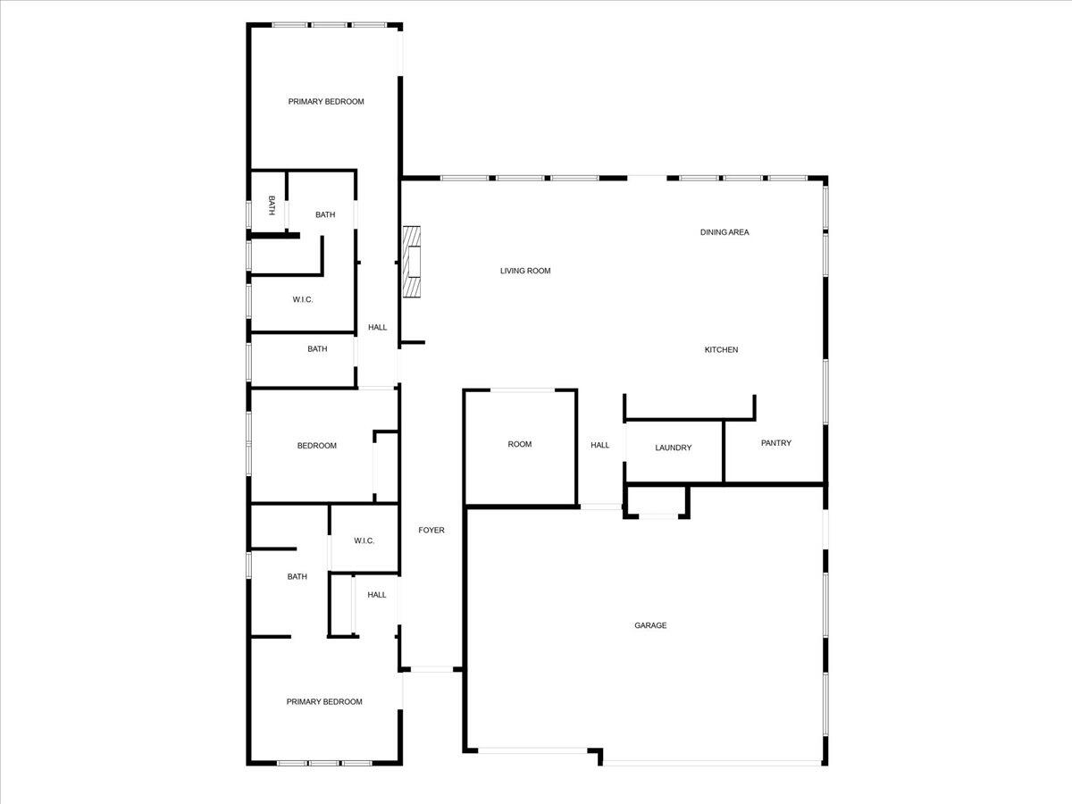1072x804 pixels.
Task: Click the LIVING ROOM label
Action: point(524,271)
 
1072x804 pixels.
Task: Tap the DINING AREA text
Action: point(724,232)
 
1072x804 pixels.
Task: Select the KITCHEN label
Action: point(721,350)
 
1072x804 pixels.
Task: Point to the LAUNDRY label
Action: point(673,448)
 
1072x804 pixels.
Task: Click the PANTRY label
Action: point(775,443)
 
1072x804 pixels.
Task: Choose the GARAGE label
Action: point(650,625)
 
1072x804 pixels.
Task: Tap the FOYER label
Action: point(431,531)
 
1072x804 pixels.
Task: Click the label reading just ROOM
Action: point(519,444)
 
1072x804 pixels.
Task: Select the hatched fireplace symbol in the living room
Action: point(411,262)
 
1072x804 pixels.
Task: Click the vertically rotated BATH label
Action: point(272,205)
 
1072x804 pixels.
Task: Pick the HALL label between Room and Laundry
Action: point(599,445)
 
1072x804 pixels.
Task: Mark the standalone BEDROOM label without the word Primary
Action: point(316,446)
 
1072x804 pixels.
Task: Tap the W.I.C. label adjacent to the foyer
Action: point(364,540)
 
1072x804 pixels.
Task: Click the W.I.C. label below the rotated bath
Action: point(303,299)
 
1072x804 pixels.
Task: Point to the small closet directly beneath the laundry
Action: point(657,500)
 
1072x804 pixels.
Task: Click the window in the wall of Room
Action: point(522,390)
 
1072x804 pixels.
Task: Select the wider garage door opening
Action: point(711,763)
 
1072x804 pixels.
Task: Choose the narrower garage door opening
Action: point(532,750)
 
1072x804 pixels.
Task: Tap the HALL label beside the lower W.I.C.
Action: point(377,595)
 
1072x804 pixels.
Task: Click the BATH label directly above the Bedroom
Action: point(317,349)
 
